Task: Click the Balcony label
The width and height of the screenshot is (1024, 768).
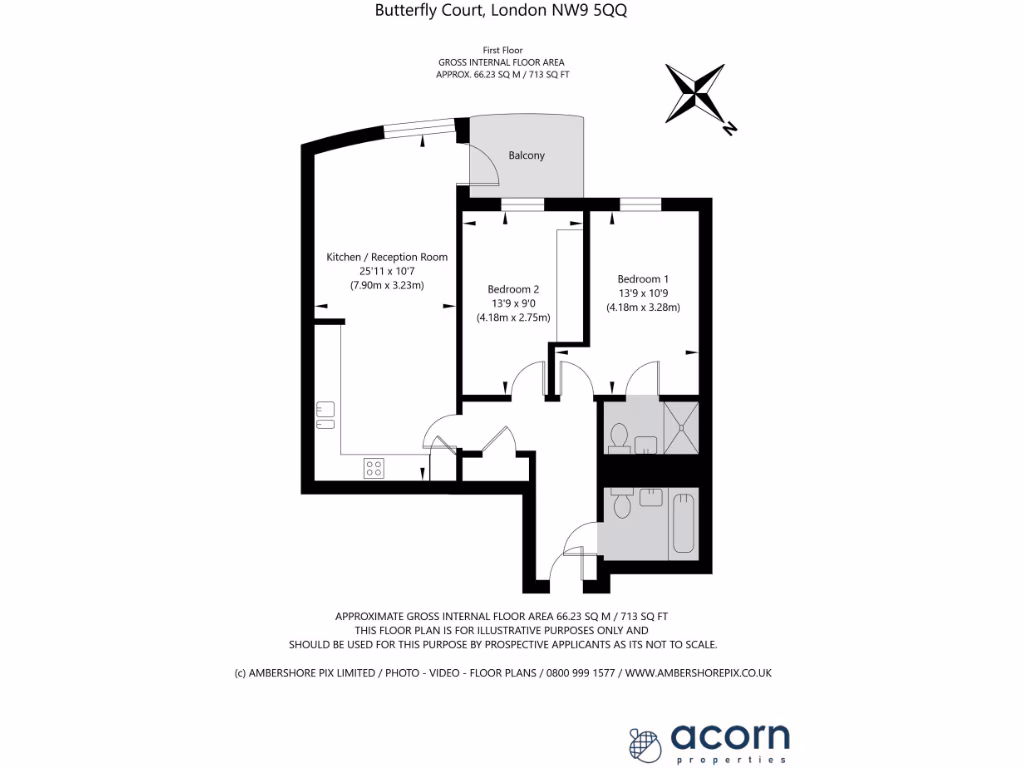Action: (527, 156)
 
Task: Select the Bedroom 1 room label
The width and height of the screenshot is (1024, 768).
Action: (643, 279)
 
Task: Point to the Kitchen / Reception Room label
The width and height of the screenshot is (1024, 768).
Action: (387, 257)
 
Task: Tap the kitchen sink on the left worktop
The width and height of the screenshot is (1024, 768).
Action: (325, 415)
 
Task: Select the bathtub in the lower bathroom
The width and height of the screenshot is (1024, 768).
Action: (684, 521)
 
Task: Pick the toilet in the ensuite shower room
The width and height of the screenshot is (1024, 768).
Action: (618, 437)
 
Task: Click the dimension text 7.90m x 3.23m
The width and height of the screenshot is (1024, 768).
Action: (387, 286)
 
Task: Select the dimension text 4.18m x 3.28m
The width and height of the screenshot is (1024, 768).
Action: (643, 308)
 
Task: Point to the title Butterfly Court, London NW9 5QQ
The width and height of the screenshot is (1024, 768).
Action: (501, 11)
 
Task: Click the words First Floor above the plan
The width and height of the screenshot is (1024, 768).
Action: (502, 50)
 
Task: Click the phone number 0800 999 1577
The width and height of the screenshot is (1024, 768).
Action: (579, 673)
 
